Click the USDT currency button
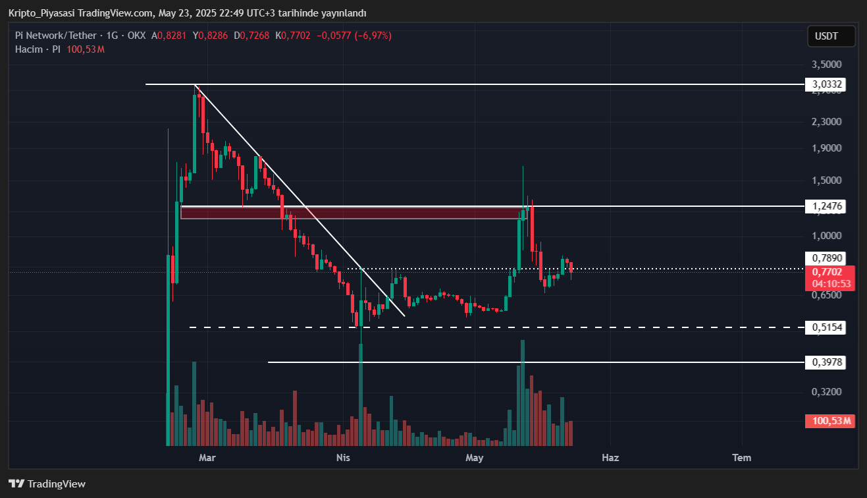pyautogui.click(x=831, y=36)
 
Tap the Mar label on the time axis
pyautogui.click(x=207, y=457)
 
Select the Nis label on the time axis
pyautogui.click(x=343, y=457)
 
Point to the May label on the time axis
pyautogui.click(x=475, y=457)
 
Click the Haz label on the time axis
pyautogui.click(x=610, y=457)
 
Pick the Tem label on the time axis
pyautogui.click(x=742, y=457)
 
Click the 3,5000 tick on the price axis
pyautogui.click(x=827, y=65)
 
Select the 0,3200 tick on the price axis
pyautogui.click(x=827, y=392)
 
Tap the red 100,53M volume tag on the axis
pyautogui.click(x=829, y=421)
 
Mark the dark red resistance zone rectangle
pyautogui.click(x=349, y=213)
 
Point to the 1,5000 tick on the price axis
pyautogui.click(x=827, y=180)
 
